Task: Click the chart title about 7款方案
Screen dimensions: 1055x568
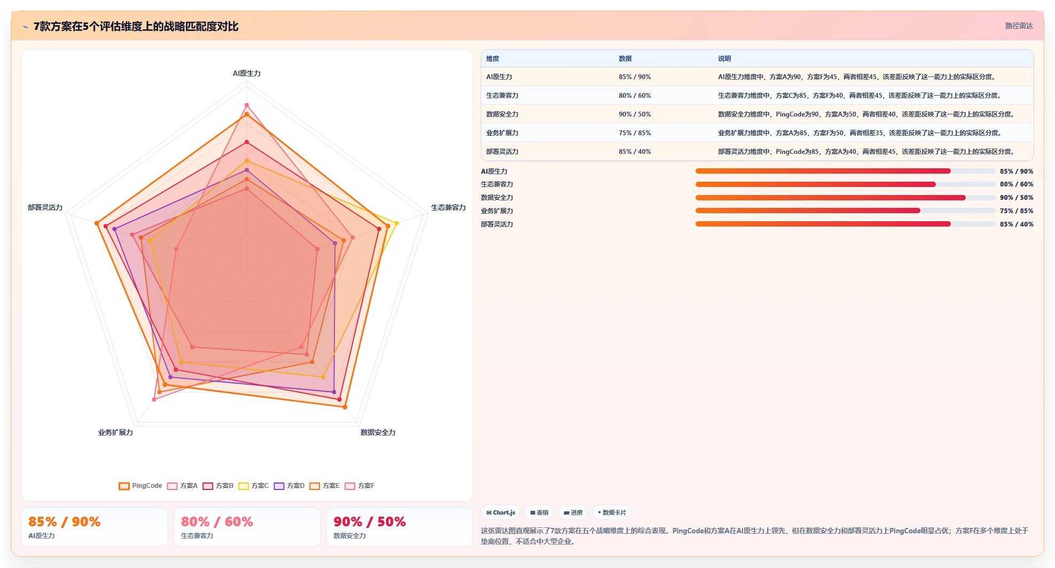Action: [136, 26]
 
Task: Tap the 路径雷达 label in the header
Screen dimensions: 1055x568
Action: [1019, 26]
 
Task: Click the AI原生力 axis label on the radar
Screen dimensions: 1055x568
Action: [247, 73]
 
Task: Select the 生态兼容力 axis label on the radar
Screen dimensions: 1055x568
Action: [448, 207]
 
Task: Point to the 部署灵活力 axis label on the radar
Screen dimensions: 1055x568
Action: [45, 207]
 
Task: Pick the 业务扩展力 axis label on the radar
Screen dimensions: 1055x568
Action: [115, 432]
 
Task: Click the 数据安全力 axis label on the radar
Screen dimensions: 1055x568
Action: [378, 432]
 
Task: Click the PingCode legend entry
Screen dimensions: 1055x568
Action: [140, 486]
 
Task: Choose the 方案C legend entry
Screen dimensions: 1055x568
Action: [253, 486]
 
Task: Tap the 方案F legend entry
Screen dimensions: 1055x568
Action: [360, 486]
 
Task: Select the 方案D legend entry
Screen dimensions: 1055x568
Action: [289, 486]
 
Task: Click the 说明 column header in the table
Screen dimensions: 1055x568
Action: [724, 59]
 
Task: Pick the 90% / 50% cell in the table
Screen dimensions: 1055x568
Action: [635, 114]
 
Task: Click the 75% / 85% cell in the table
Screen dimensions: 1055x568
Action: [635, 133]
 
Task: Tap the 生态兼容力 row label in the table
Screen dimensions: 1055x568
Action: [502, 96]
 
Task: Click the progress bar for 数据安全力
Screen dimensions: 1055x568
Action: [845, 198]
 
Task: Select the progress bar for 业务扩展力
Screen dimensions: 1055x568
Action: [845, 211]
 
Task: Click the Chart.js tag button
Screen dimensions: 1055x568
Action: [501, 512]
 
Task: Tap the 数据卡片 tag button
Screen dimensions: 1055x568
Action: [612, 512]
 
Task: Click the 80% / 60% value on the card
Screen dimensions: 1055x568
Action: [217, 522]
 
